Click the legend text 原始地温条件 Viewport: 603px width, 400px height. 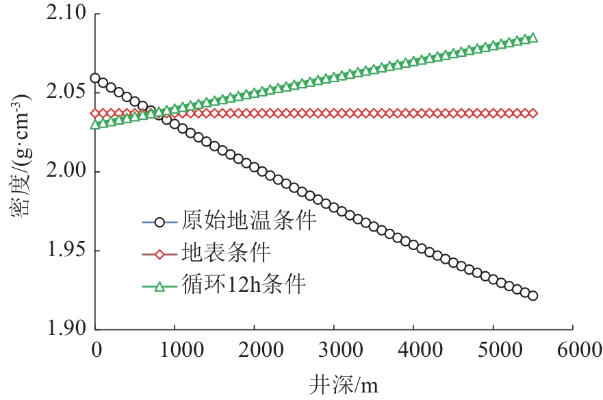[249, 221]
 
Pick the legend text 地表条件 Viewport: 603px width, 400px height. [227, 253]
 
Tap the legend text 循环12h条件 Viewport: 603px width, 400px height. [243, 286]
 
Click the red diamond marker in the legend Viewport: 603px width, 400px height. [159, 254]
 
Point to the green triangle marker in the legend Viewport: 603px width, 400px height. [159, 286]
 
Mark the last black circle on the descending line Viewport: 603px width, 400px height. [533, 296]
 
